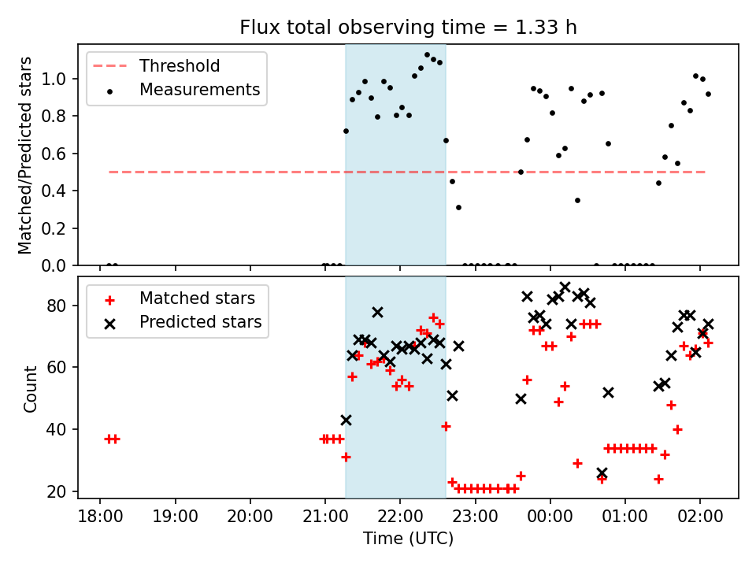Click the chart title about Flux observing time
click(x=409, y=28)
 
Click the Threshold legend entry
click(x=180, y=66)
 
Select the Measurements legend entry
click(x=199, y=90)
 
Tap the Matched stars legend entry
click(x=197, y=298)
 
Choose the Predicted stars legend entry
click(x=200, y=322)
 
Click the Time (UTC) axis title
click(x=408, y=539)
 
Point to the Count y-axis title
click(x=31, y=388)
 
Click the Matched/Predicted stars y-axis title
click(x=26, y=155)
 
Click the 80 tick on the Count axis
click(x=62, y=306)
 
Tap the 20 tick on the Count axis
click(x=62, y=492)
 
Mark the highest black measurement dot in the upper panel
click(x=427, y=55)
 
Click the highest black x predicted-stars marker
click(x=565, y=287)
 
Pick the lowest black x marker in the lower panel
click(x=602, y=473)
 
